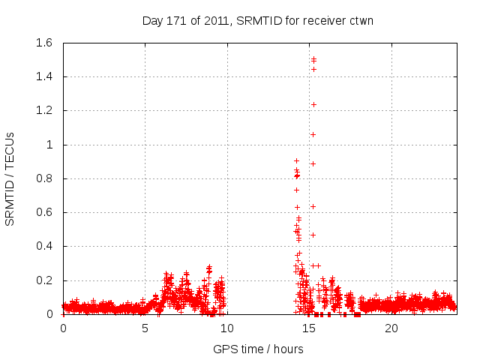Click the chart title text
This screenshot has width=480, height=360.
pyautogui.click(x=258, y=20)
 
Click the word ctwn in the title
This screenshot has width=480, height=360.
pyautogui.click(x=360, y=20)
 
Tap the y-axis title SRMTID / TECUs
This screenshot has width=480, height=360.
pyautogui.click(x=10, y=178)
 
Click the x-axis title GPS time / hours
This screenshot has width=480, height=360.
pyautogui.click(x=258, y=349)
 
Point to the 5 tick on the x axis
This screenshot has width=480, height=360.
pyautogui.click(x=145, y=328)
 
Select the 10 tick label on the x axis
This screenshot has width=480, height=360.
pyautogui.click(x=227, y=328)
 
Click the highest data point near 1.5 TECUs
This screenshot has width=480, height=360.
pyautogui.click(x=313, y=58)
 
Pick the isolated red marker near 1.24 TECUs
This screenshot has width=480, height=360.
pyautogui.click(x=313, y=104)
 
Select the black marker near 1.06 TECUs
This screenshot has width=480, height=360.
pyautogui.click(x=313, y=134)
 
